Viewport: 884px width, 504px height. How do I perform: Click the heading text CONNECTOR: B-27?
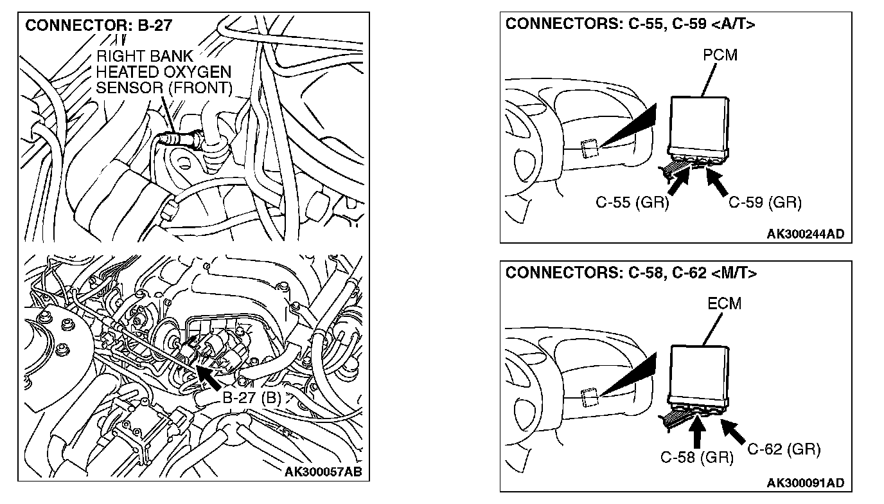point(98,27)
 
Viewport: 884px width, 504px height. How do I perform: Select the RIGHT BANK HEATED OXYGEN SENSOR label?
point(163,71)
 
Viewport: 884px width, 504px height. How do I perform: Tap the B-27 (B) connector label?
point(252,397)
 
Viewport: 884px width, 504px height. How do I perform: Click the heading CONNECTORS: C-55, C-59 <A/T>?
point(630,24)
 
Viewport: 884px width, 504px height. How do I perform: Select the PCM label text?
point(720,55)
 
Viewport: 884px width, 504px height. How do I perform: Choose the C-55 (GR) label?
point(632,203)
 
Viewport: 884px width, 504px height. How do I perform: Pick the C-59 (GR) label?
point(765,203)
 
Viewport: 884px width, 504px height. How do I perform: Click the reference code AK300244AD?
point(805,234)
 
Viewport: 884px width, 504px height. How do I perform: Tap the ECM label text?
point(724,303)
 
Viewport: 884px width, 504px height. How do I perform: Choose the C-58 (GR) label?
point(697,457)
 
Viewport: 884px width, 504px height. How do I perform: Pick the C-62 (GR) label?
point(784,449)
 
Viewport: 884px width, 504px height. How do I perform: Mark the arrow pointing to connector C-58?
point(696,432)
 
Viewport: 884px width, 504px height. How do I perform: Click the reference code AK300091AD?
point(805,483)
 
